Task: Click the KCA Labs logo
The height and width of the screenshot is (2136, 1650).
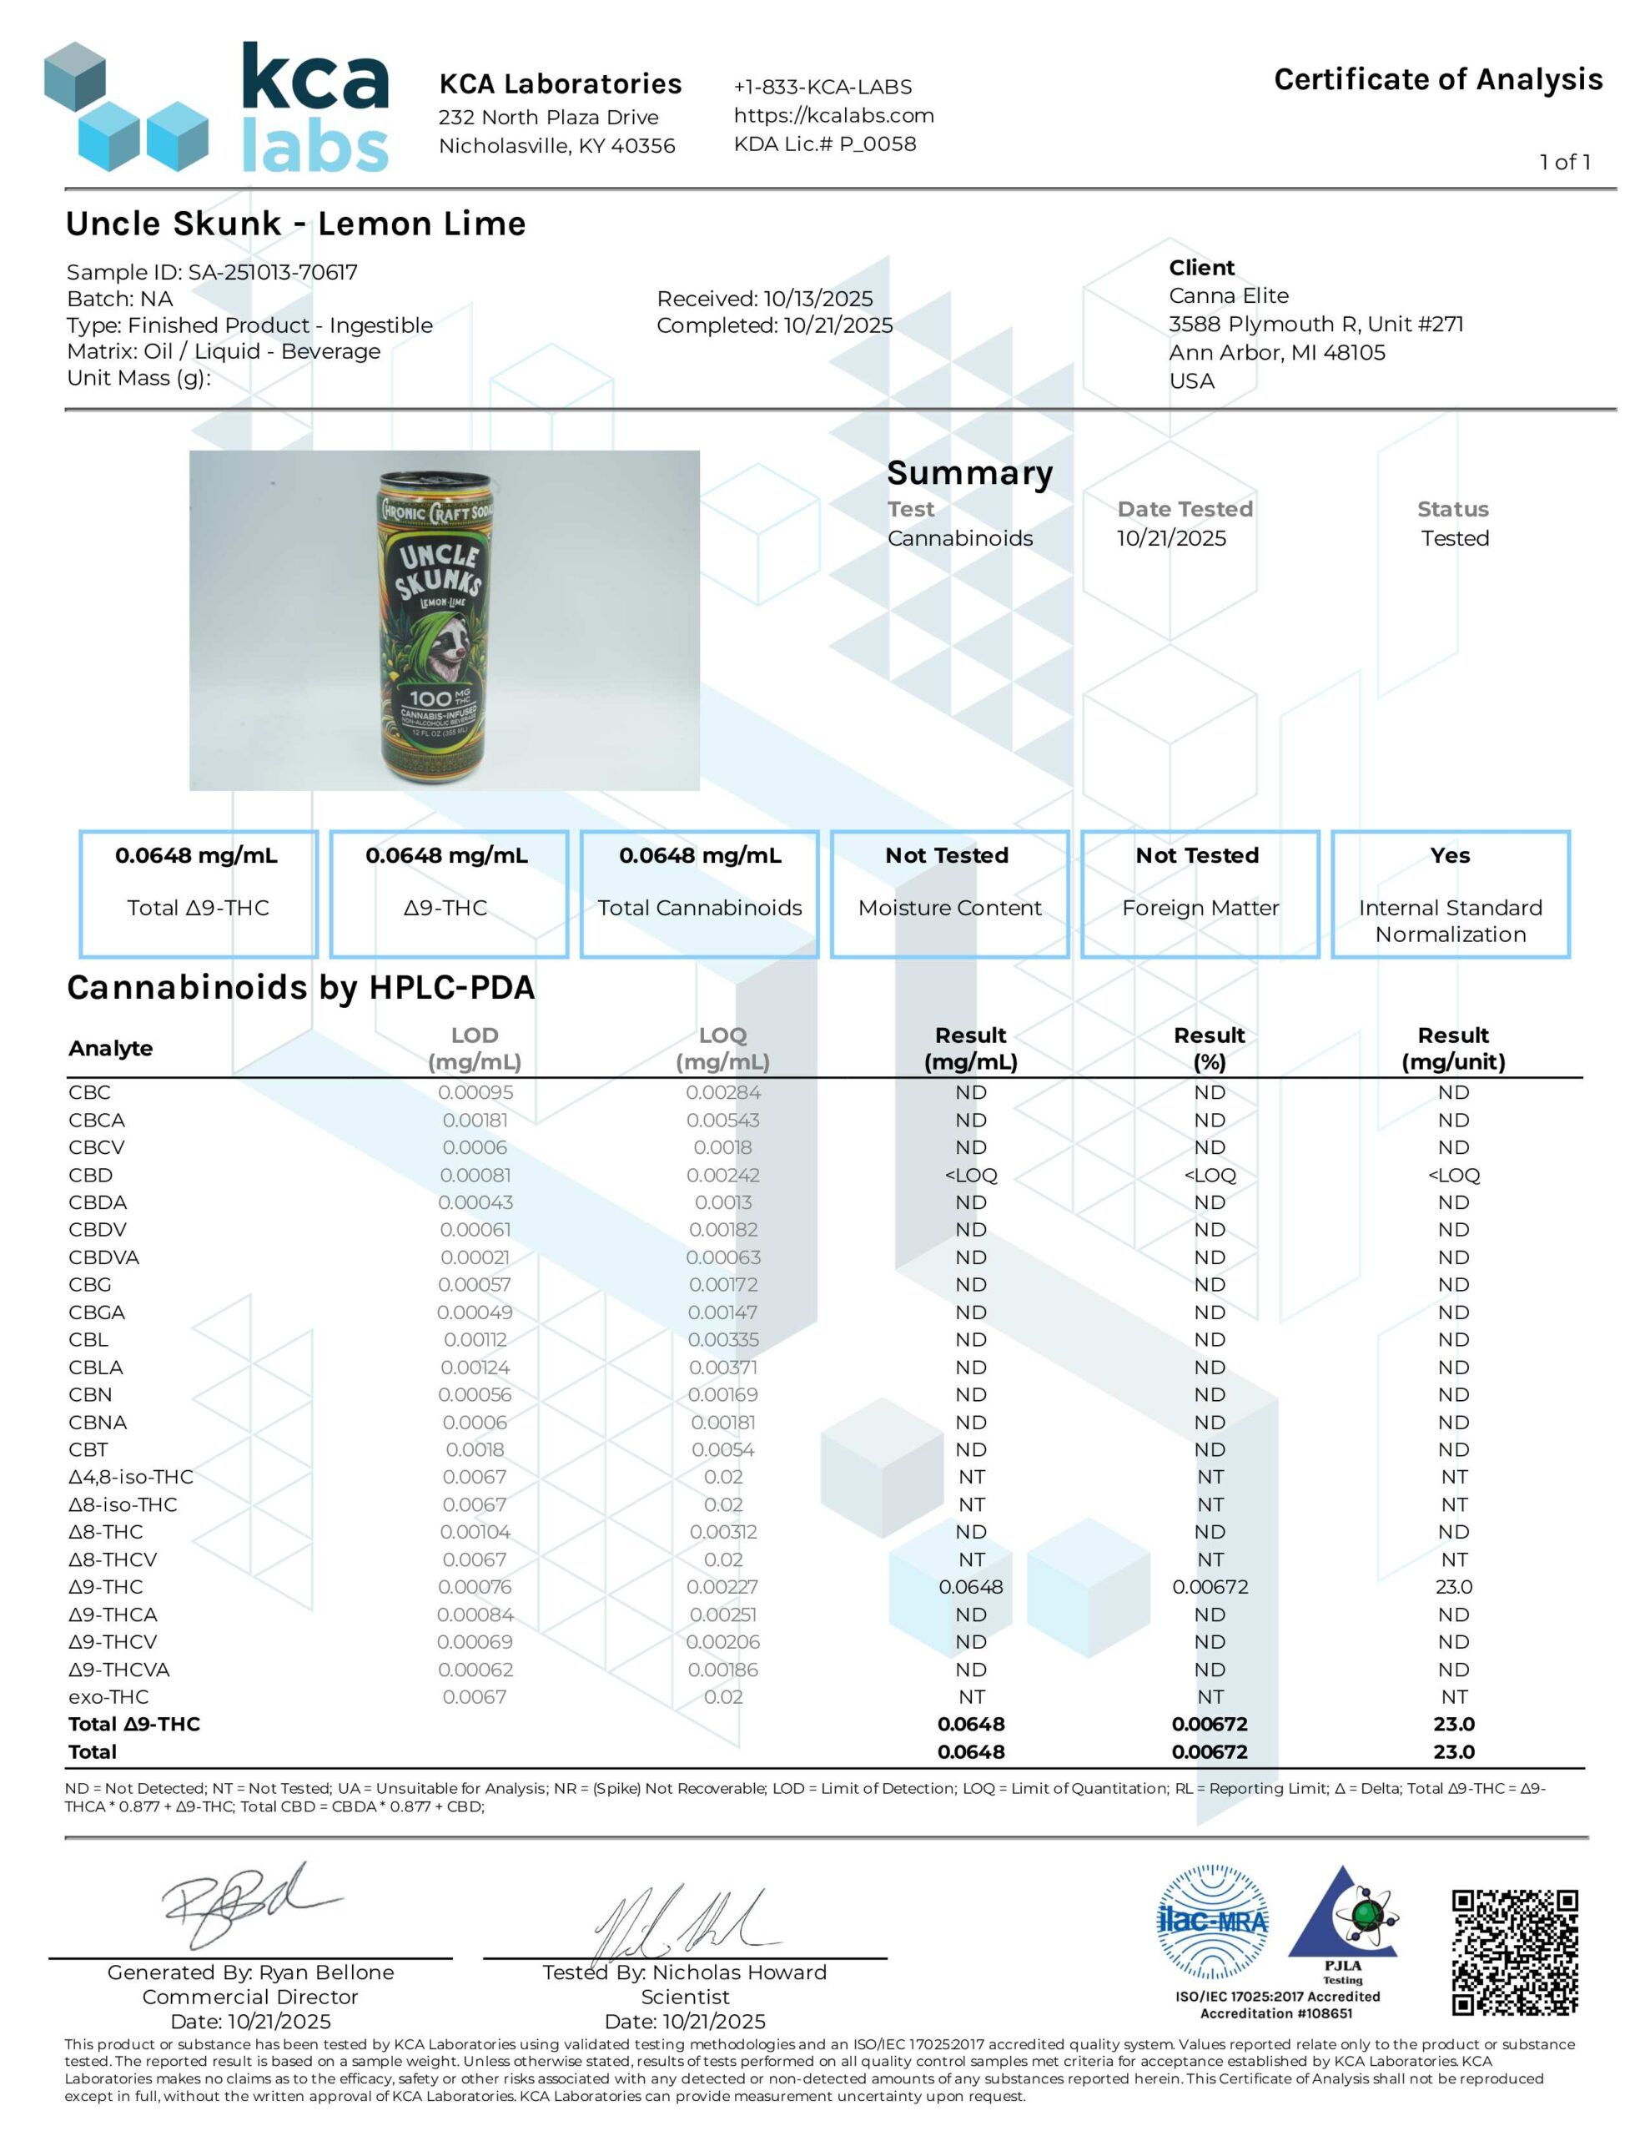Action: (217, 107)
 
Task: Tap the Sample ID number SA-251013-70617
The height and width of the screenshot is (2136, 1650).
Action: (273, 272)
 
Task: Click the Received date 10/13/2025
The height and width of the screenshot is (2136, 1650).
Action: (817, 299)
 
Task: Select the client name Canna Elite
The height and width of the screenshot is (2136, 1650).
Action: (1229, 295)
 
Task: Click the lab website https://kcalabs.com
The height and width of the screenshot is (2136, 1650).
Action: (833, 115)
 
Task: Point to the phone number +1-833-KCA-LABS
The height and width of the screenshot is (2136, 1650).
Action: (822, 87)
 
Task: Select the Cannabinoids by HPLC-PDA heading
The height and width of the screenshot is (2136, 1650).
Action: (300, 988)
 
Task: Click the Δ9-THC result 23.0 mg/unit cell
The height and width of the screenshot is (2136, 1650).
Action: (1453, 1586)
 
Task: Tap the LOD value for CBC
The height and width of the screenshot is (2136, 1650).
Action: (475, 1092)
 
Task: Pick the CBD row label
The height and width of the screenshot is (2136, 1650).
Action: (91, 1175)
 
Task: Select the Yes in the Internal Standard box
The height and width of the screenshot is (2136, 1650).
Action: (1450, 856)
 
